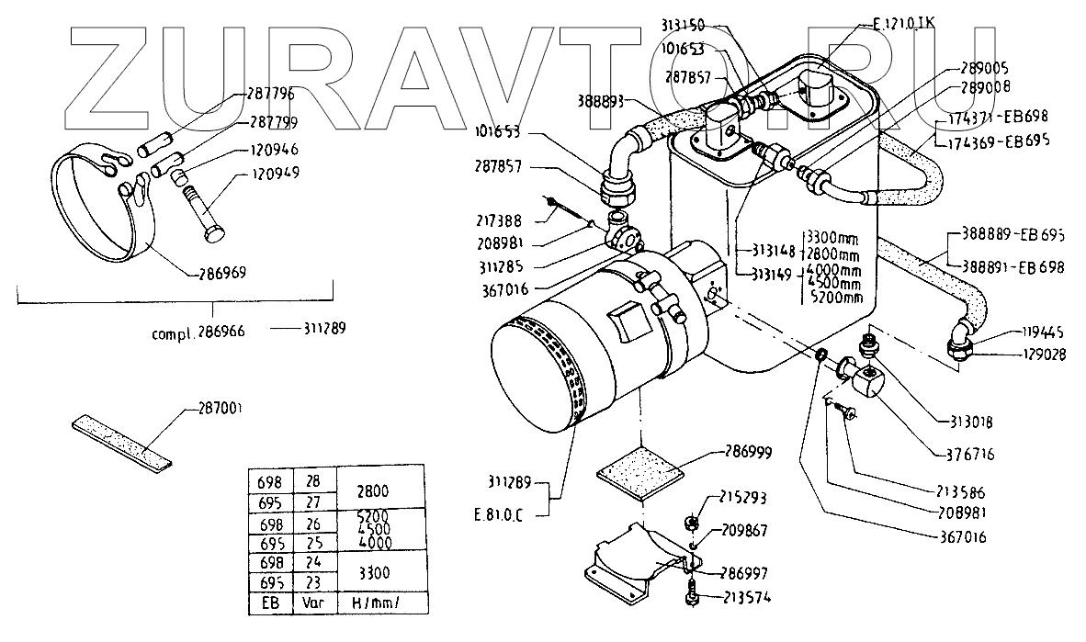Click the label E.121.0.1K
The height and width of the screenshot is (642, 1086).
tap(903, 25)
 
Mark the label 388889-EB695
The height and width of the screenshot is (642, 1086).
tap(1013, 235)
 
